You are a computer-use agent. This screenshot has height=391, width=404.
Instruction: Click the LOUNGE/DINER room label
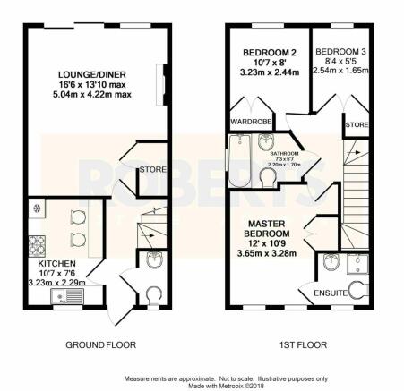(92, 74)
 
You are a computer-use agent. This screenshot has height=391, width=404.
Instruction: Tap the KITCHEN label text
(56, 264)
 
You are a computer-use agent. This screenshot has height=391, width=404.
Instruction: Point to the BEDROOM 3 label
(340, 52)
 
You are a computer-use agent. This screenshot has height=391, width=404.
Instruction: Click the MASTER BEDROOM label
(267, 228)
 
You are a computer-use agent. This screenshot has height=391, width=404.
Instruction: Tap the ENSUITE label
(331, 293)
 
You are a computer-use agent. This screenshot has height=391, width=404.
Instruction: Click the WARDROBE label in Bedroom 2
(251, 122)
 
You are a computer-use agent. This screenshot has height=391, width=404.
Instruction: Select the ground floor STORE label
(152, 170)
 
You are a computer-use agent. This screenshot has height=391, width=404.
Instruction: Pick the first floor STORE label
(357, 124)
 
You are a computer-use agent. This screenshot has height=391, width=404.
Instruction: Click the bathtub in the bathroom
(239, 160)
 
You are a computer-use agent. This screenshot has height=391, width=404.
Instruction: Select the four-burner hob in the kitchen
(37, 246)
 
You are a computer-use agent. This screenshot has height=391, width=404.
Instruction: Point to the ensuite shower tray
(357, 264)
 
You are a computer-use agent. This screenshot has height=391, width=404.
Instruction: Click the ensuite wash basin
(331, 261)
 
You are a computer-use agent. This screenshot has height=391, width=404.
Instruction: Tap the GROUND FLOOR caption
(100, 345)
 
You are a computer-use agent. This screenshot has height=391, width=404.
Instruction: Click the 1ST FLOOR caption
(303, 345)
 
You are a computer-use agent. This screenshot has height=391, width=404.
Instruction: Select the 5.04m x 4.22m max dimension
(92, 95)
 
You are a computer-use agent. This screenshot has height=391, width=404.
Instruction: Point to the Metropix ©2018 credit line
(226, 386)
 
